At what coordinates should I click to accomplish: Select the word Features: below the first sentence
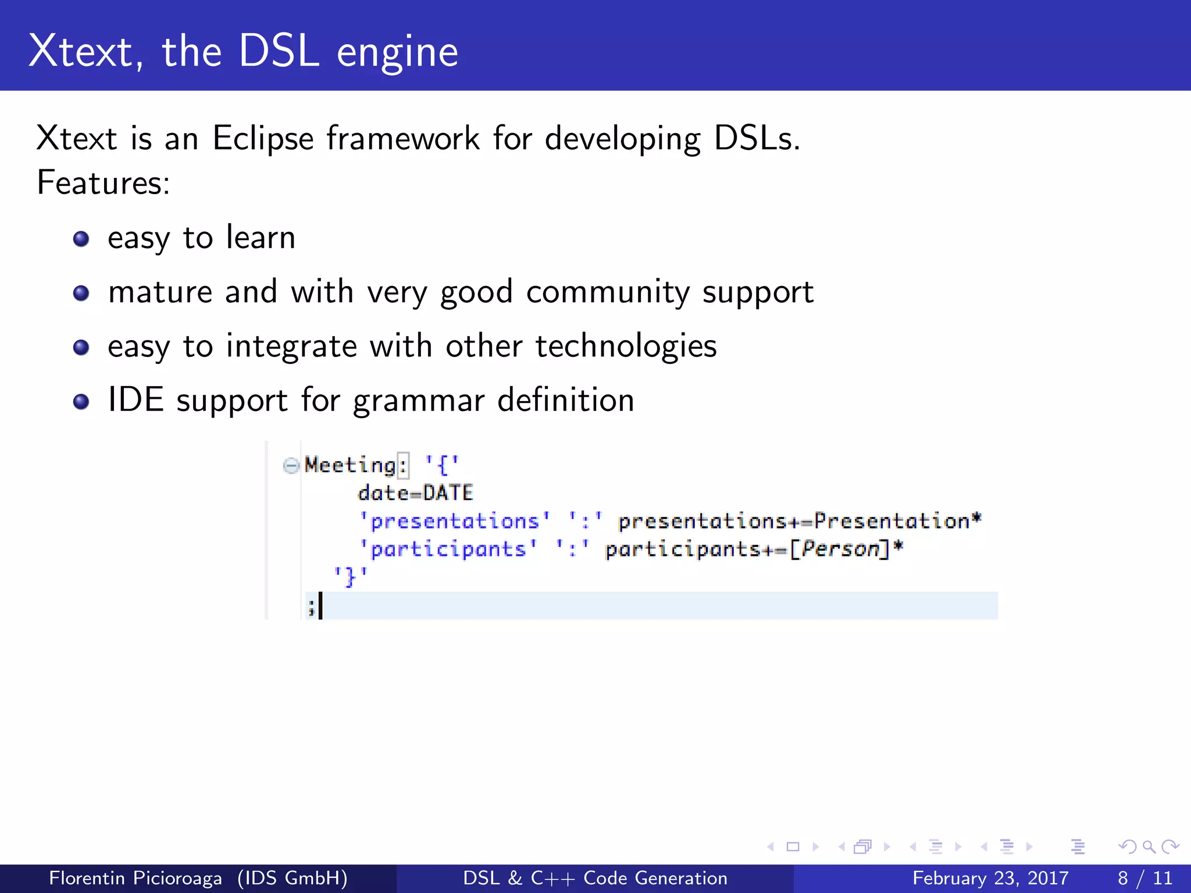pos(103,183)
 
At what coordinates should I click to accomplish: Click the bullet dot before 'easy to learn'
pos(81,239)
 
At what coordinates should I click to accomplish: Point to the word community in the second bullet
pos(607,292)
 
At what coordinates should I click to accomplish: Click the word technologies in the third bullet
pos(626,347)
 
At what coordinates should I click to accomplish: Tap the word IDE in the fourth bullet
pos(135,400)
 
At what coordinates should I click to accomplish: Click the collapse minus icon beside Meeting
pos(290,465)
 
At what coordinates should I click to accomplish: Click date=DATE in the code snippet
pos(415,493)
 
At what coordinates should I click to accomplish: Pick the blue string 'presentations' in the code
pos(454,521)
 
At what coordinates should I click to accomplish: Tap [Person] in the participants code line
pos(840,549)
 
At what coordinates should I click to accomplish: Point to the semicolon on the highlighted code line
pos(311,607)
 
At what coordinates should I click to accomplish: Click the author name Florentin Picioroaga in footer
pos(135,878)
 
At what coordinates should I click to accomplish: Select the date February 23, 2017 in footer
pos(990,878)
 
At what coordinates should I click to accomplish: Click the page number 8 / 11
pos(1144,878)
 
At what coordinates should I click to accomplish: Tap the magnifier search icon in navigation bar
pos(1149,846)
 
